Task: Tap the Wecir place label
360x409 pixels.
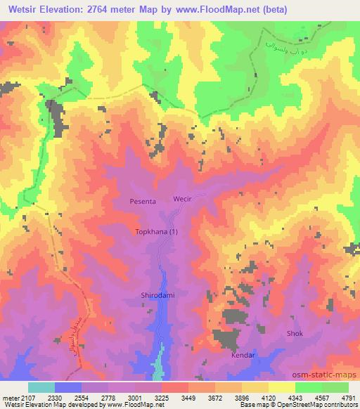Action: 181,200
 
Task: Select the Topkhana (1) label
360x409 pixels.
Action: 155,232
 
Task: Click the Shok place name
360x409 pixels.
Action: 294,333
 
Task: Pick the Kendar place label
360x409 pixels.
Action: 242,356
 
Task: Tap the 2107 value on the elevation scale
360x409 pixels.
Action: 28,398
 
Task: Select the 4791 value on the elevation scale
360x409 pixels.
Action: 349,398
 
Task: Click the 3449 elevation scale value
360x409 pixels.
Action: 188,398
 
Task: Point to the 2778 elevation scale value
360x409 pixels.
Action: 108,398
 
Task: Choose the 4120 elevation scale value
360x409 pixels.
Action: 269,398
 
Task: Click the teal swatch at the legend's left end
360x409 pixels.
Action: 41,387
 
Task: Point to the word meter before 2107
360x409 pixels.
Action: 10,398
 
